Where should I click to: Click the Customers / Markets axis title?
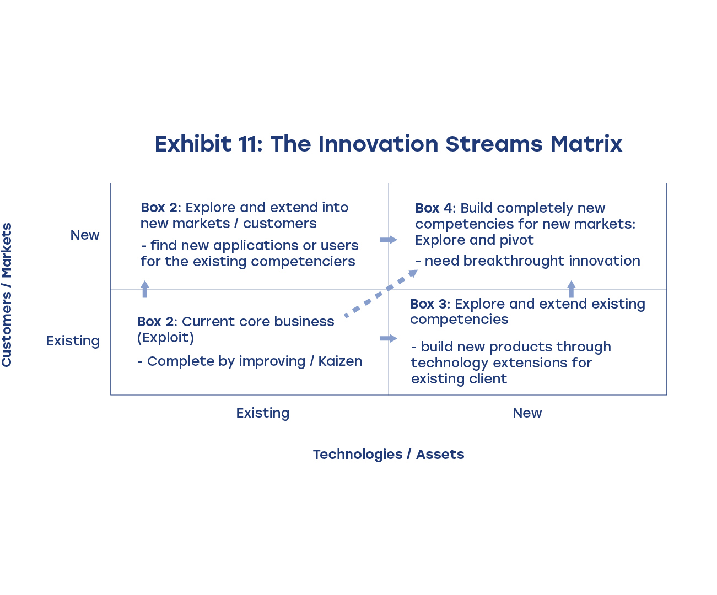point(7,295)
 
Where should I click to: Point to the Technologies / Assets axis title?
point(388,454)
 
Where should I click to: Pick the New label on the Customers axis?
point(85,235)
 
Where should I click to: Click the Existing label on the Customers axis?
point(73,341)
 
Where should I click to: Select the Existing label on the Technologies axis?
point(262,413)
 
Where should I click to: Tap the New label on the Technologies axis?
point(527,413)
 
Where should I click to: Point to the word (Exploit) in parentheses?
point(165,338)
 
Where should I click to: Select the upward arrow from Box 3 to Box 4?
point(572,289)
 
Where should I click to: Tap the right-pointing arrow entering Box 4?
point(388,240)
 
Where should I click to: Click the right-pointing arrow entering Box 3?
point(388,338)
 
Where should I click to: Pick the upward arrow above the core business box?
point(145,289)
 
